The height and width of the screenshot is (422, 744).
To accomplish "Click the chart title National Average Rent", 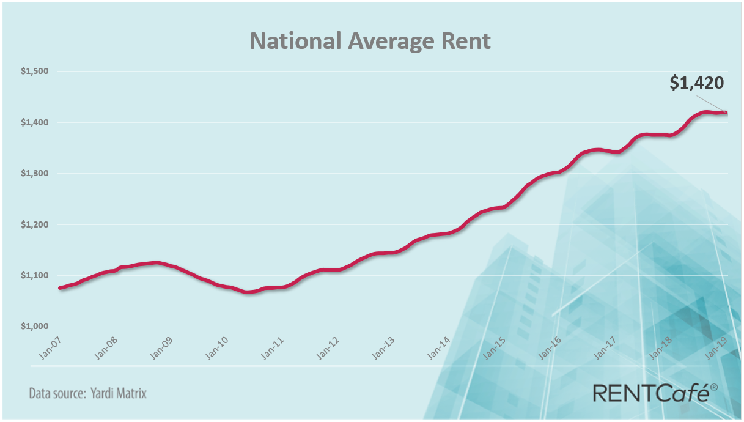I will (370, 40).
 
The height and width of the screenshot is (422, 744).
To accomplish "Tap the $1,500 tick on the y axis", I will (35, 72).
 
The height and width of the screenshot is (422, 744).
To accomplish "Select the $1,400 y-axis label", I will (35, 122).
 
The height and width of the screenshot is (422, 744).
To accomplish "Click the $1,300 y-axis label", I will (35, 174).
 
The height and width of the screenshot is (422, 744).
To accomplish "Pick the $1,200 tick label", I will (35, 224).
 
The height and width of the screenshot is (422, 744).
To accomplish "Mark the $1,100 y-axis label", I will (35, 275).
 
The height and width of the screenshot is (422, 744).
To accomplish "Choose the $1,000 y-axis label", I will (35, 326).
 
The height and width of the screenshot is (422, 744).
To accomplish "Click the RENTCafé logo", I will (650, 393).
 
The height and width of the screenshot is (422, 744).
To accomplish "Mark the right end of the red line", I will (726, 112).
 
